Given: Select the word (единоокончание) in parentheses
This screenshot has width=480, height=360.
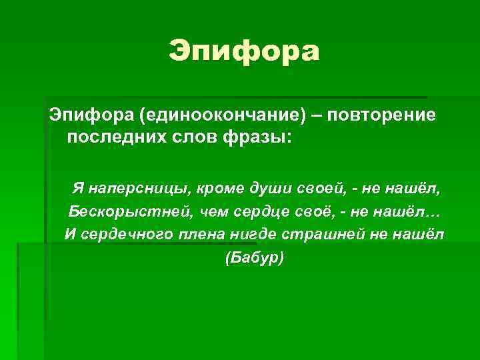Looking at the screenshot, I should [222, 115].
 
